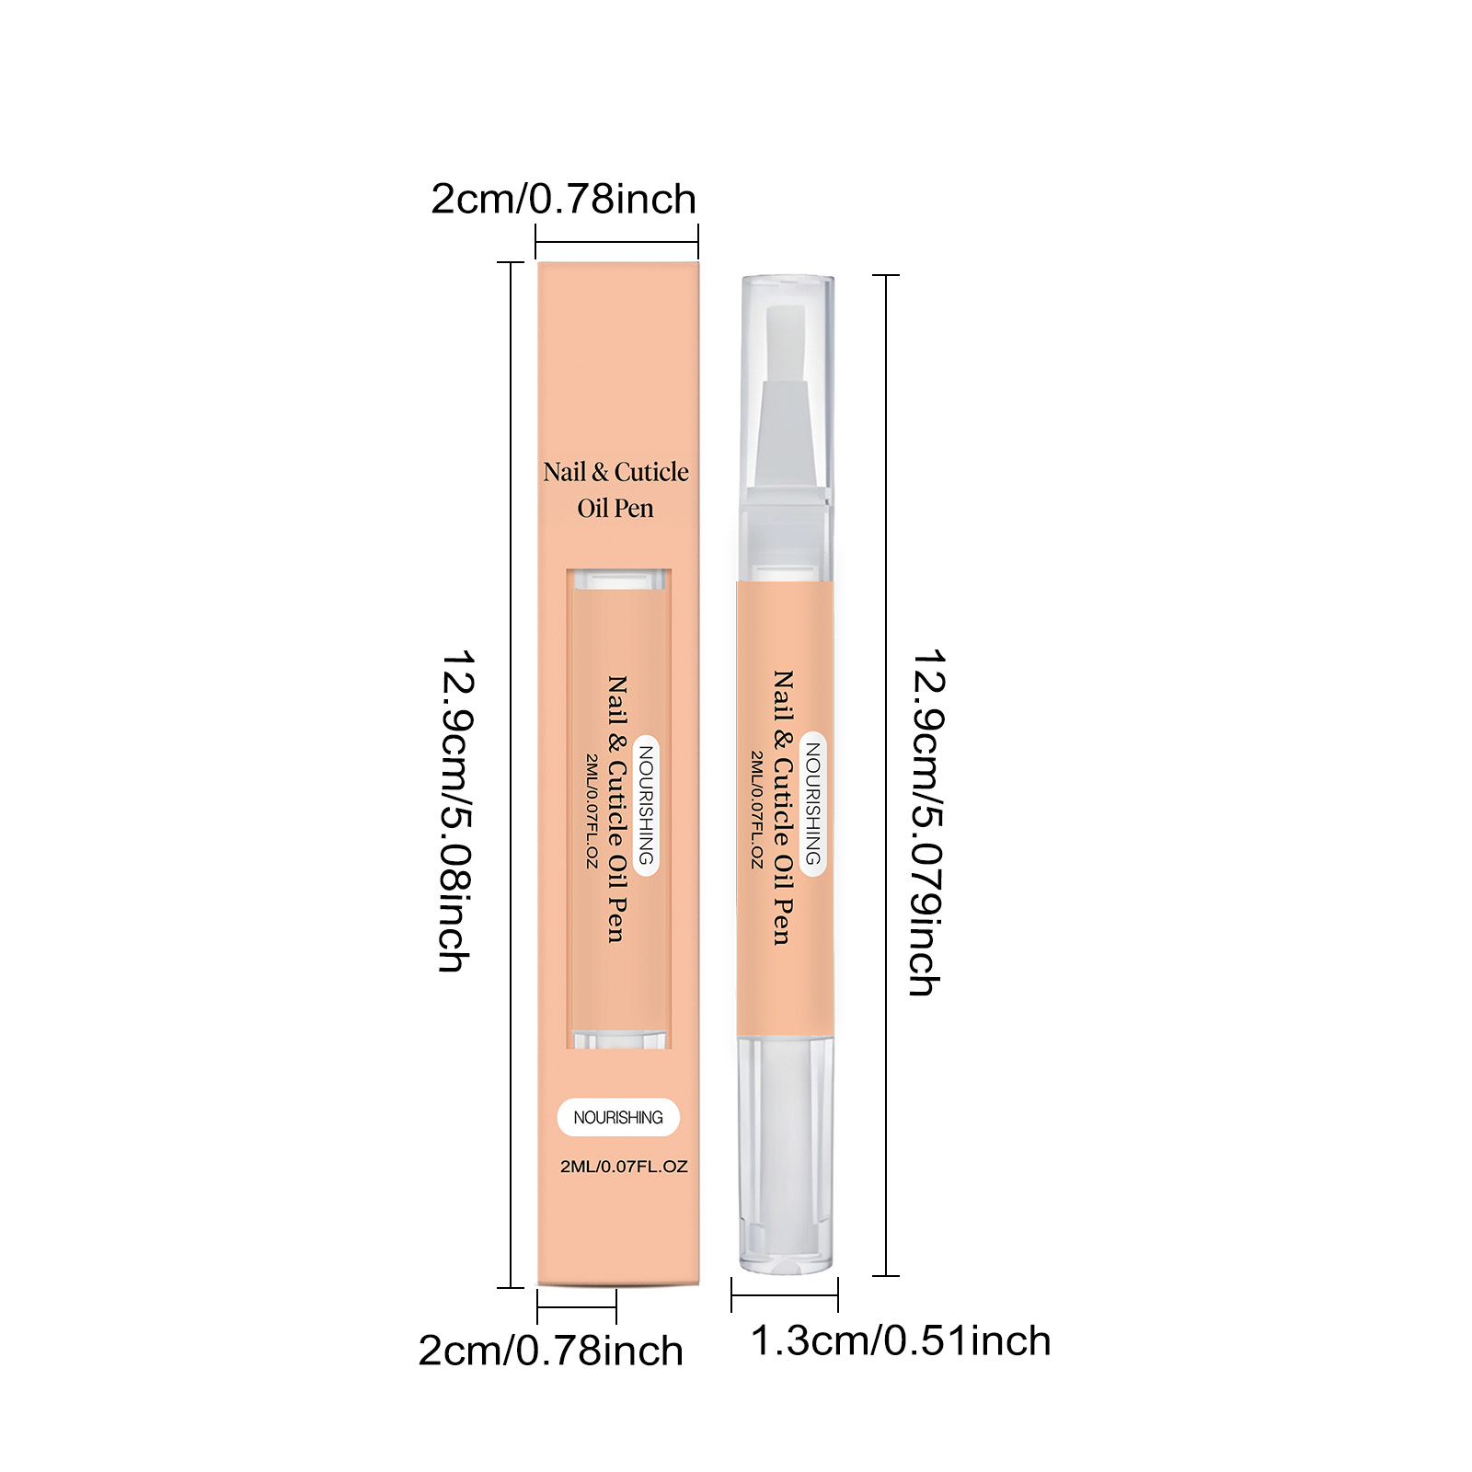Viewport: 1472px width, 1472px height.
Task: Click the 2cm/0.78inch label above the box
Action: (x=563, y=200)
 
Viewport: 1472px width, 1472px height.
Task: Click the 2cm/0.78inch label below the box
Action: (x=550, y=1351)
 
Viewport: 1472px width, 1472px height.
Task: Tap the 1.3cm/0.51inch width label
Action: (x=901, y=1341)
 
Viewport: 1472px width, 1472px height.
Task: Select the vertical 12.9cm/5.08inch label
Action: (x=456, y=811)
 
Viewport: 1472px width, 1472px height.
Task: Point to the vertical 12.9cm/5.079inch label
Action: (x=927, y=822)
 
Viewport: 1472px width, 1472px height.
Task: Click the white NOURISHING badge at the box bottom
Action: (x=618, y=1117)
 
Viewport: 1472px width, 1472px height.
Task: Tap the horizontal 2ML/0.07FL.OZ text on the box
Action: (x=624, y=1167)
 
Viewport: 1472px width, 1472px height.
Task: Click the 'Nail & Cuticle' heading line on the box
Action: (x=615, y=472)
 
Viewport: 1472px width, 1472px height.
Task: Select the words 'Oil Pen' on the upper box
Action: (x=615, y=508)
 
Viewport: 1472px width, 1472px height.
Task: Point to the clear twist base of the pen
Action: (x=787, y=1155)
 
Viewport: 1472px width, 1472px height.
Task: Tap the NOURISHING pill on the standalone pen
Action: (x=813, y=803)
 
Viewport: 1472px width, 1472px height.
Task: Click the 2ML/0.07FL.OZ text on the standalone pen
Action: (x=757, y=810)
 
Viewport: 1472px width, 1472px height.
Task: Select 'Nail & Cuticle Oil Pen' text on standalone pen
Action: (x=783, y=807)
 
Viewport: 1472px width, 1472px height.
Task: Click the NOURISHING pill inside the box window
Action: (x=647, y=806)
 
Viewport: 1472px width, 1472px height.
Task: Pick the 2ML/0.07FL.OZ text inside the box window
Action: (x=592, y=811)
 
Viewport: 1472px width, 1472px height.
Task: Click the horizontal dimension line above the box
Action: (x=616, y=243)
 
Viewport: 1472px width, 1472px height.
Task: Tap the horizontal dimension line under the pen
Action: (x=785, y=1295)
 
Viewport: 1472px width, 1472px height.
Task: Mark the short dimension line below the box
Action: (x=577, y=1306)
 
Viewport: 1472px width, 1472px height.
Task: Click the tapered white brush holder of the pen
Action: (x=785, y=432)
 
